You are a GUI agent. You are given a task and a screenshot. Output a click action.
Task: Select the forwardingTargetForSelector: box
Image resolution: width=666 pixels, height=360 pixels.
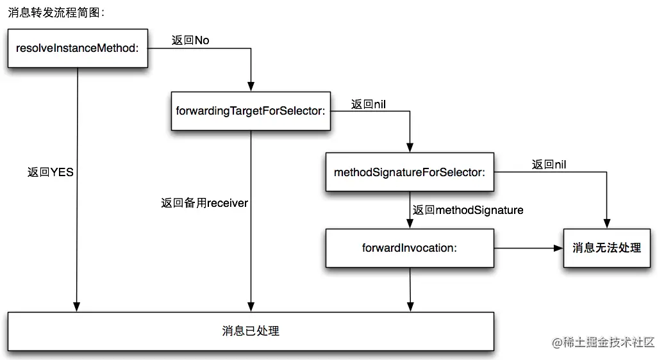pyautogui.click(x=251, y=111)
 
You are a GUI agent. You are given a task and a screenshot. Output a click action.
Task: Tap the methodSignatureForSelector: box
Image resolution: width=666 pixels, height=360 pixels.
pyautogui.click(x=410, y=172)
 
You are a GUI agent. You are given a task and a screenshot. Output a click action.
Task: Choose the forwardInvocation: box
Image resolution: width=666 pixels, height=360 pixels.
pyautogui.click(x=410, y=248)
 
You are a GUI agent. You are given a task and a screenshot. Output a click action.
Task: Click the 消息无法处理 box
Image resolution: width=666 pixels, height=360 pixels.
pyautogui.click(x=606, y=248)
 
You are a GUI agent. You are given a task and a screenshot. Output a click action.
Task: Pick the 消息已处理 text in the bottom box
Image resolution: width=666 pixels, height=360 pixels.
pyautogui.click(x=251, y=331)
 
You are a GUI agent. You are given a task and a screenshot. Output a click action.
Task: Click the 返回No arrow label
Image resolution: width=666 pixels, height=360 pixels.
pyautogui.click(x=190, y=40)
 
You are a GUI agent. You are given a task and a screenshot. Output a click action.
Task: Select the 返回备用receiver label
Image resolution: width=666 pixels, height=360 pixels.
pyautogui.click(x=204, y=203)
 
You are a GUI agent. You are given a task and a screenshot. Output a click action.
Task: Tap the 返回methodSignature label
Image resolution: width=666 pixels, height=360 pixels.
pyautogui.click(x=468, y=210)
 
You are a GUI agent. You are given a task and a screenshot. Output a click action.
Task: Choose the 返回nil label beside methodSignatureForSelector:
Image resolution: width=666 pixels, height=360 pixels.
pyautogui.click(x=549, y=165)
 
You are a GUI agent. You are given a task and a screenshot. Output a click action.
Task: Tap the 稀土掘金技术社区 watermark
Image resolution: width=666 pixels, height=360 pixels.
pyautogui.click(x=603, y=342)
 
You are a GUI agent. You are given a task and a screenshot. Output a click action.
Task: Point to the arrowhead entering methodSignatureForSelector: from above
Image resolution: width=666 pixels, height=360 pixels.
pyautogui.click(x=410, y=148)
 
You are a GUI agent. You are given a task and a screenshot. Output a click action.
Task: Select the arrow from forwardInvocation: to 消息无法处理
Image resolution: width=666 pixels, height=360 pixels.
pyautogui.click(x=526, y=248)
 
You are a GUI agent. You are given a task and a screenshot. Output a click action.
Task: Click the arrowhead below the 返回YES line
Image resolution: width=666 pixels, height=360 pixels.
pyautogui.click(x=78, y=307)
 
